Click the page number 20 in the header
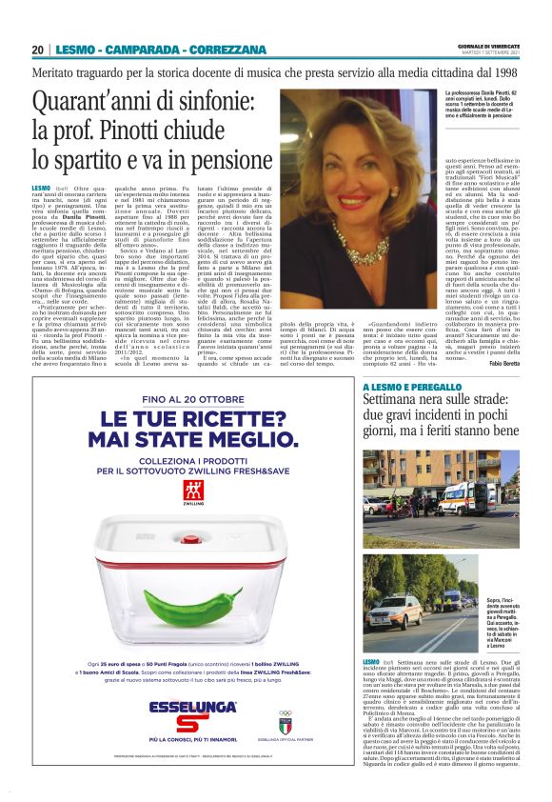37,50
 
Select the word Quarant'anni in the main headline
90,102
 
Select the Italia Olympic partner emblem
286,716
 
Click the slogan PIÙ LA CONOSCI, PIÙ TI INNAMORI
193,738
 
